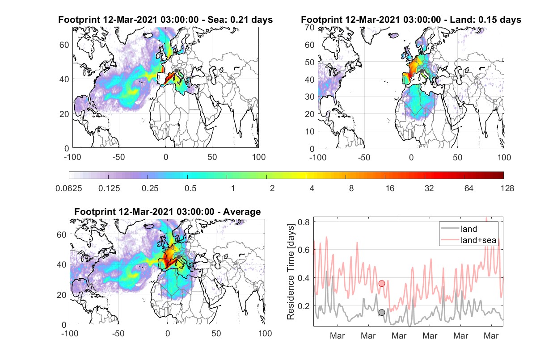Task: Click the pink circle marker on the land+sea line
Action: [x=382, y=283]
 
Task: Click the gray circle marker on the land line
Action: [x=382, y=312]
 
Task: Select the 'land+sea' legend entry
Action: [x=468, y=240]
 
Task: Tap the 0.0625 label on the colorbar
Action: [x=69, y=188]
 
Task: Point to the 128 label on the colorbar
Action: [x=507, y=188]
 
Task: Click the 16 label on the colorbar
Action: [x=390, y=188]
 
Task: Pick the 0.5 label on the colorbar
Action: [x=190, y=188]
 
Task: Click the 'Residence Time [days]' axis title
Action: [x=290, y=272]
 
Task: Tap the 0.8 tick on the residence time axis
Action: [x=304, y=222]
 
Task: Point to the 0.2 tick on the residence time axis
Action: [x=304, y=306]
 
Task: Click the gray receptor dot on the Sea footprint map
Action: [x=177, y=71]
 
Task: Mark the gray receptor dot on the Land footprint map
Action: [x=422, y=71]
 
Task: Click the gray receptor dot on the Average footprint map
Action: [x=178, y=257]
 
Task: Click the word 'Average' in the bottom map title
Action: [x=242, y=212]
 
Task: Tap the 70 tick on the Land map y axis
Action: [x=310, y=28]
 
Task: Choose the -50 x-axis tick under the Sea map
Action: [x=118, y=157]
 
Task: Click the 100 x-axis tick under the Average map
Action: [x=265, y=333]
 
